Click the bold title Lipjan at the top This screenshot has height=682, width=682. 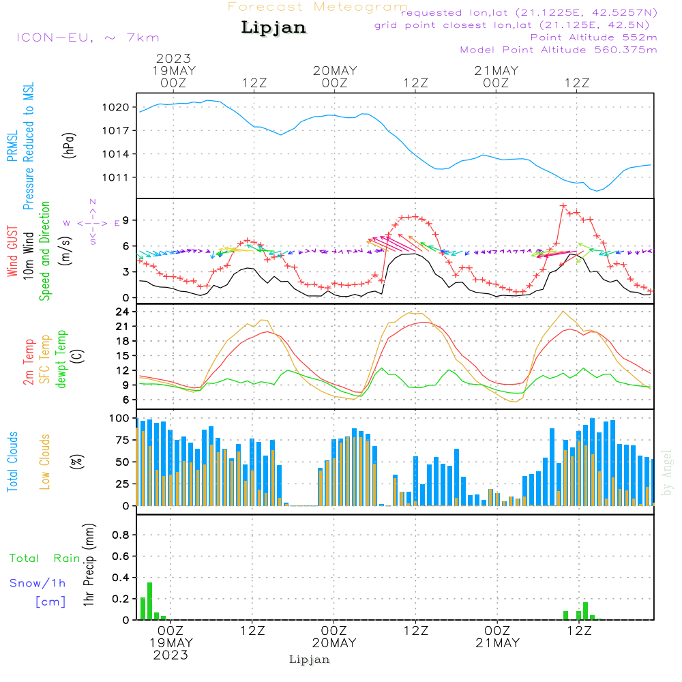273,28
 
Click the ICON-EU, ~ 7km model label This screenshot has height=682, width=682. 87,38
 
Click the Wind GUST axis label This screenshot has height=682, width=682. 12,252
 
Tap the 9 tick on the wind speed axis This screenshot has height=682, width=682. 126,220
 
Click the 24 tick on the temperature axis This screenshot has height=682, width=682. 123,312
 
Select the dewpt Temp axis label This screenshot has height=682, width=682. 62,359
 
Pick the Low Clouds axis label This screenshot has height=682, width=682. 45,461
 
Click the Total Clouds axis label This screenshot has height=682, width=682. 12,461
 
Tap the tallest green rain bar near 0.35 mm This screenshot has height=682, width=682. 150,600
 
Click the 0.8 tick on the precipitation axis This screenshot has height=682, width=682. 121,535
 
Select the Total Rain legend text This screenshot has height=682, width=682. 44,558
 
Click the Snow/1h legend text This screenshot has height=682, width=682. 38,583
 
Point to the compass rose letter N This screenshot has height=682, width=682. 93,202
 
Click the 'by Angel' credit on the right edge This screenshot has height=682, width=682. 667,473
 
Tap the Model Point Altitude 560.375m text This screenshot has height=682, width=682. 559,50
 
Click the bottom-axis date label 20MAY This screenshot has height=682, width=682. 334,643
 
